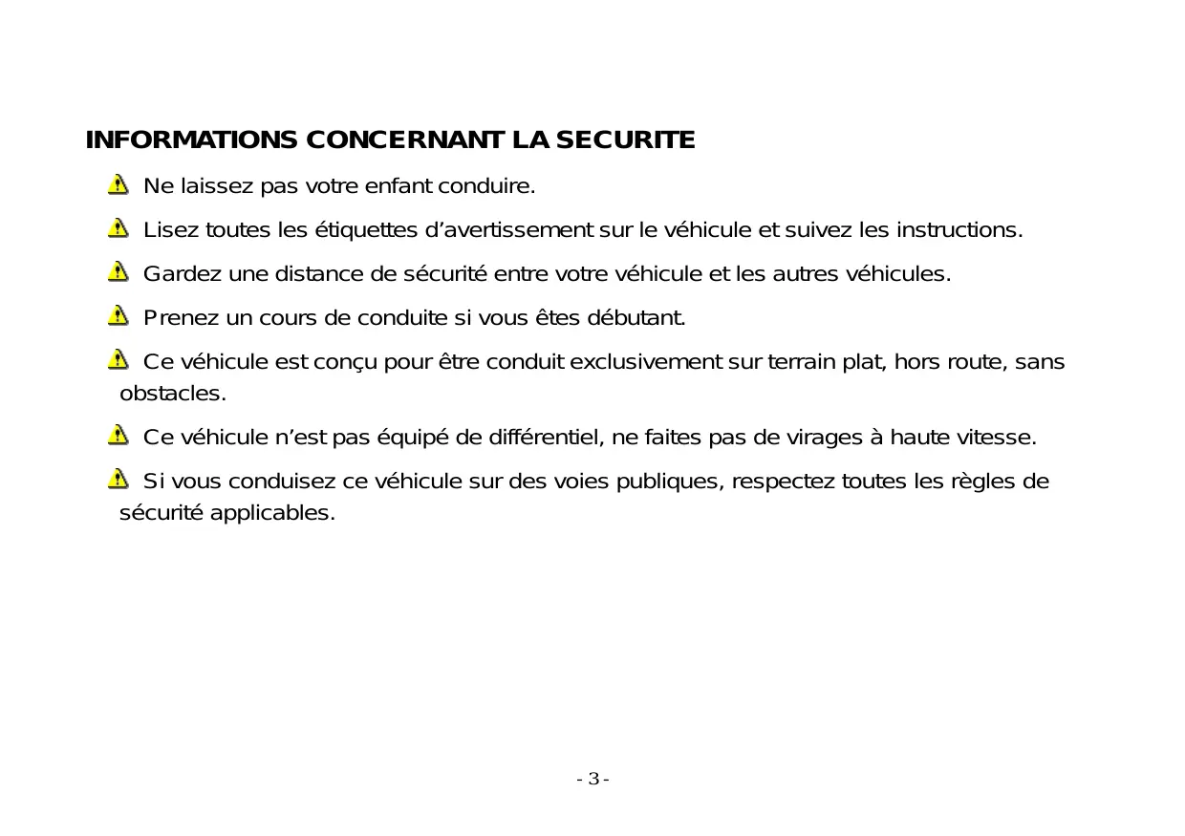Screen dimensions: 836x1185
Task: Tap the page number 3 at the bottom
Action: [x=593, y=779]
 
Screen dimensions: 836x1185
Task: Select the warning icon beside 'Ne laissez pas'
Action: [x=118, y=184]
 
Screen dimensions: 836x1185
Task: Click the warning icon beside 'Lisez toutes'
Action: [x=118, y=228]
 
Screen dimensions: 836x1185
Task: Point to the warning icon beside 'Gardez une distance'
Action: [x=118, y=272]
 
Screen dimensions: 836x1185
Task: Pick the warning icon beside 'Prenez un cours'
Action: [x=118, y=316]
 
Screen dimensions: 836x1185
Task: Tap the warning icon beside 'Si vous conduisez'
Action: [x=118, y=479]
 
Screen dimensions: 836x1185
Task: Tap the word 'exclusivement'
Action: [x=653, y=363]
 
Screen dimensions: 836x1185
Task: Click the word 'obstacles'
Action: [x=172, y=394]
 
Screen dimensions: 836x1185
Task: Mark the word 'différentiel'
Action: [x=544, y=438]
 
